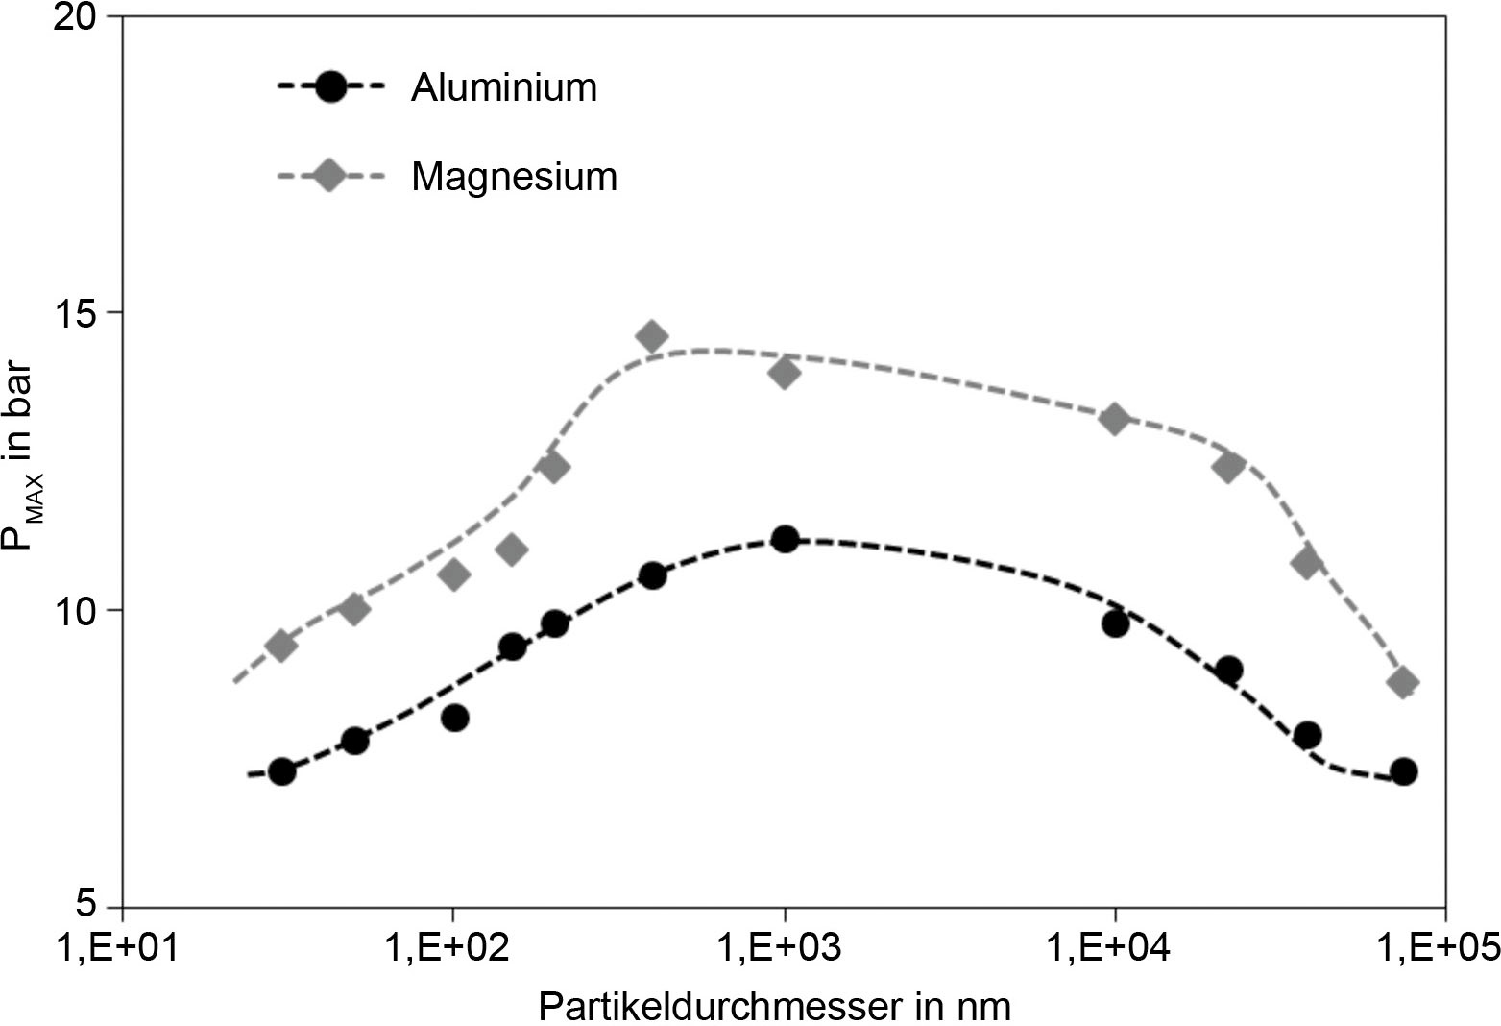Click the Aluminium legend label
pos(503,87)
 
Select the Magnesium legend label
pos(514,177)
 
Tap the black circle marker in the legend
pos(330,87)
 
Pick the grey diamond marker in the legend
pos(330,177)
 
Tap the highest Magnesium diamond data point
pos(652,337)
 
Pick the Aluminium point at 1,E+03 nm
pos(785,539)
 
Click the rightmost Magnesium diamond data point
pos(1403,683)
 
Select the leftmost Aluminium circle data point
pos(281,770)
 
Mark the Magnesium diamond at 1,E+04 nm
pos(1115,419)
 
